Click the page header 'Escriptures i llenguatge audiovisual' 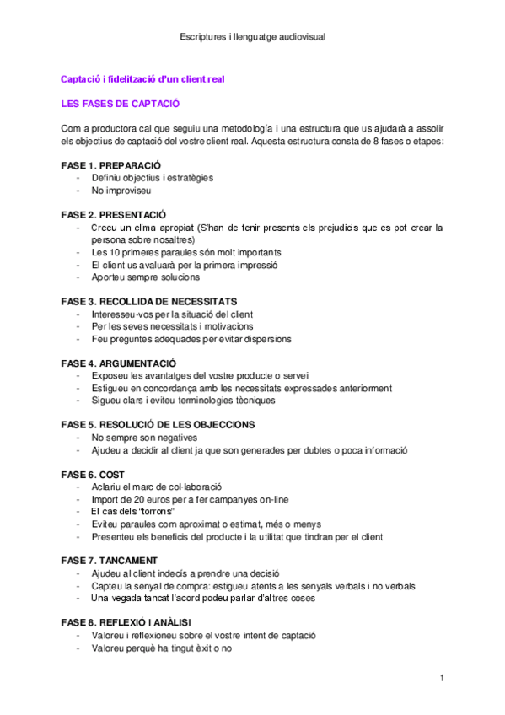click(253, 37)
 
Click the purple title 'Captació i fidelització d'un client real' click(142, 78)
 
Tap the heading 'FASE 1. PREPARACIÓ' click(111, 165)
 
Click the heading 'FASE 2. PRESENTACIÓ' click(114, 215)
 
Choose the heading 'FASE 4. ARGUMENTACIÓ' click(119, 363)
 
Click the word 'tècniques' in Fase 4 click(251, 401)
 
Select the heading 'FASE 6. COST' click(93, 475)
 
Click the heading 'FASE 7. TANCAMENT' click(110, 561)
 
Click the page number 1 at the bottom click(442, 678)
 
